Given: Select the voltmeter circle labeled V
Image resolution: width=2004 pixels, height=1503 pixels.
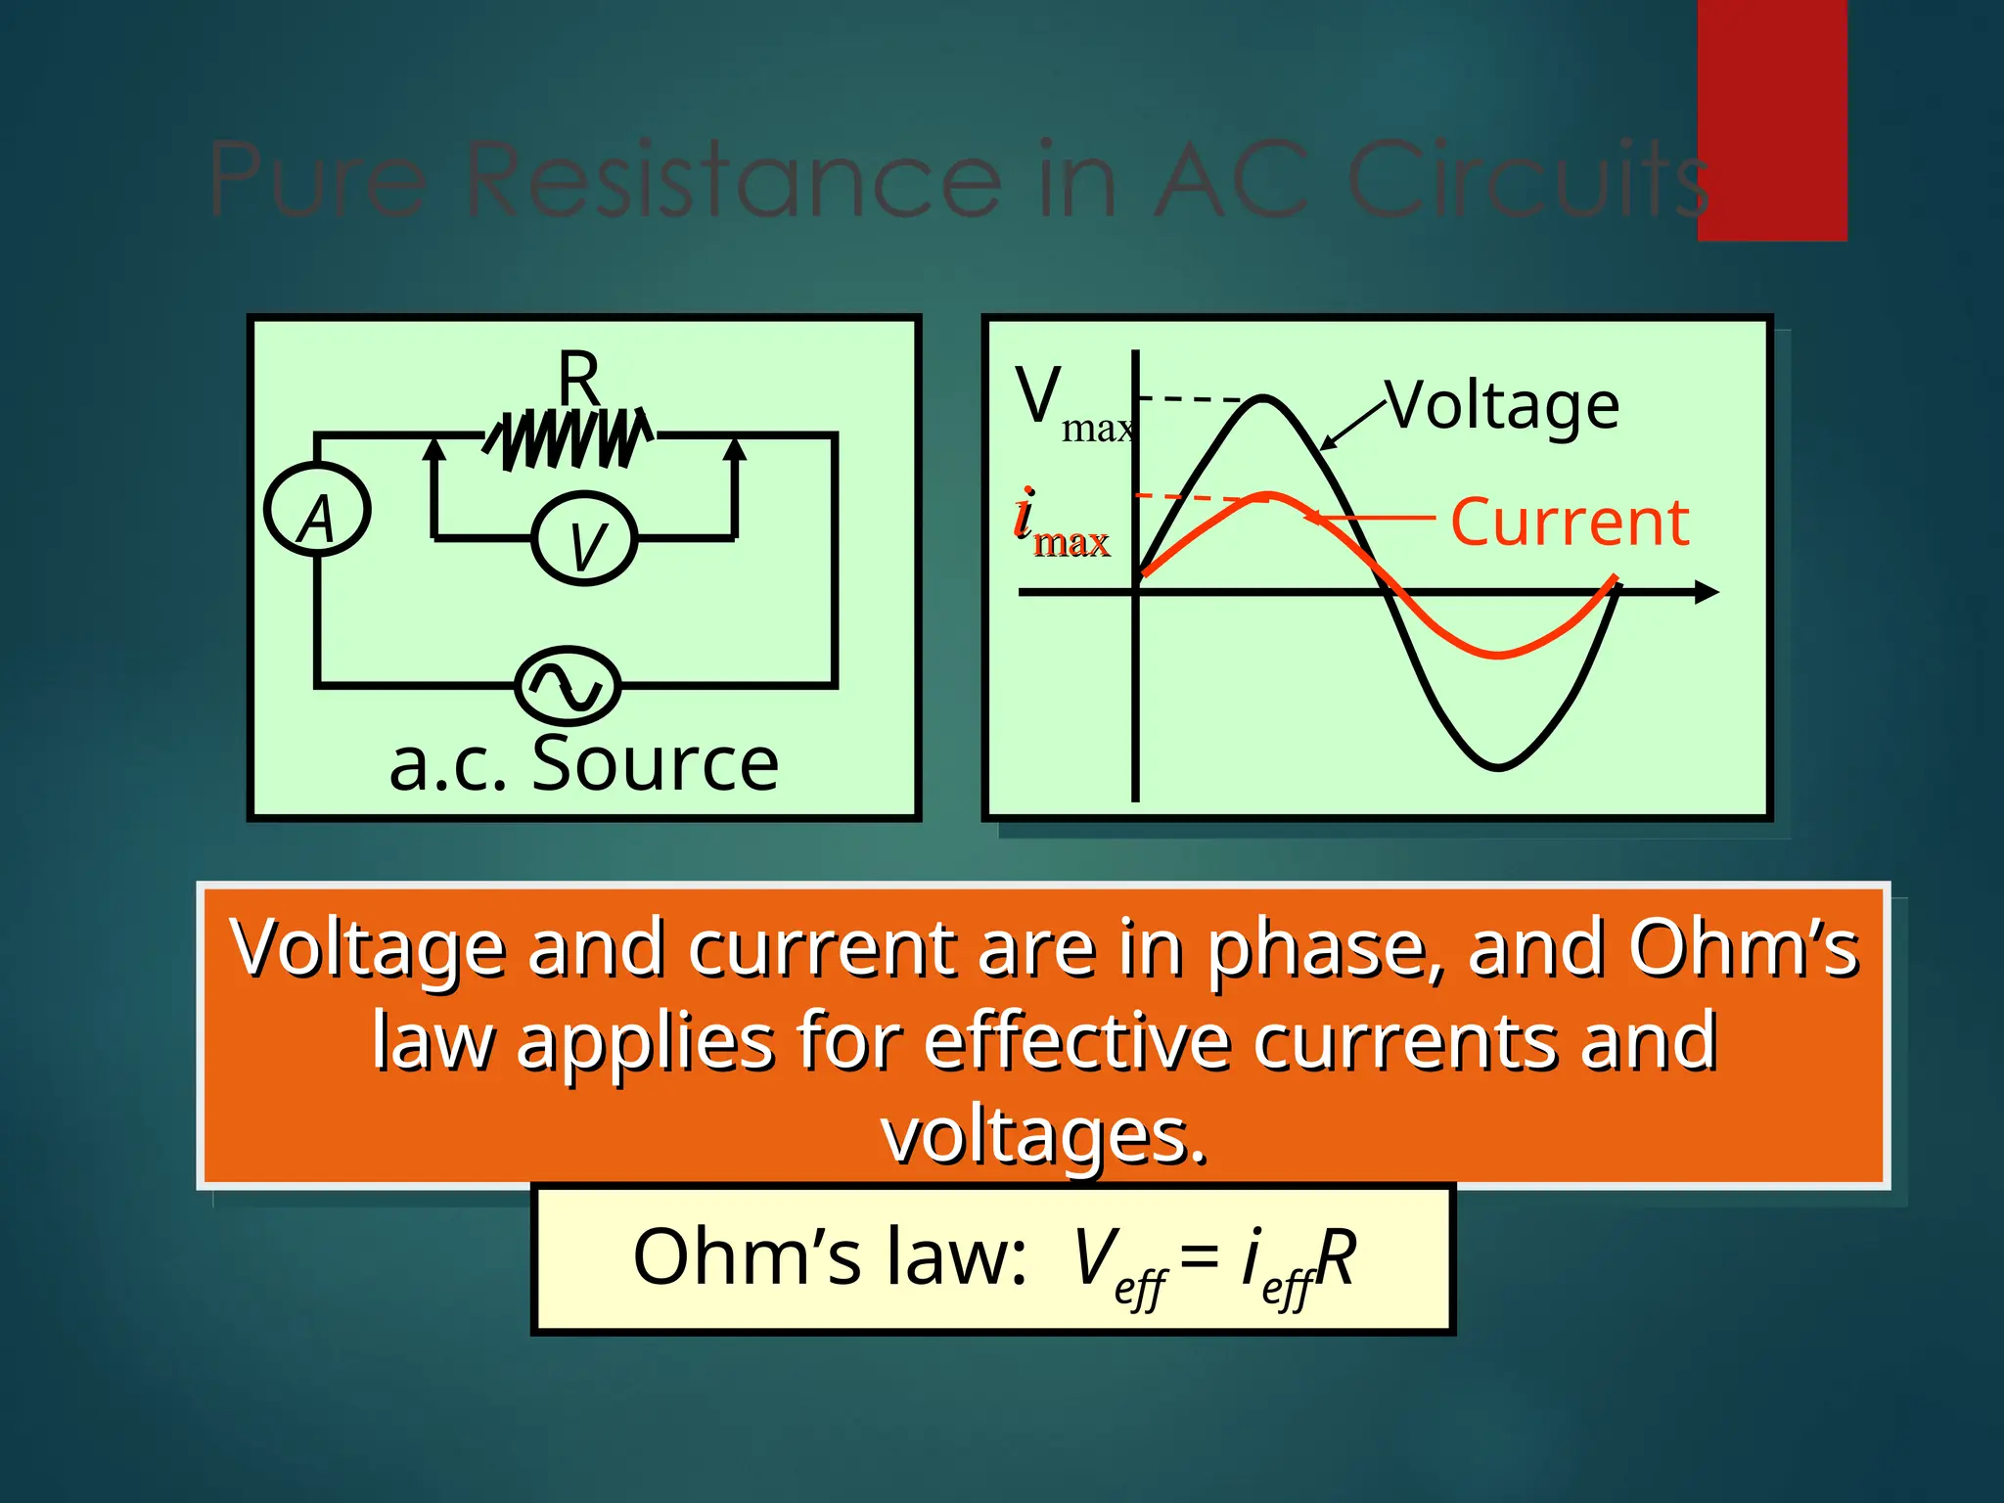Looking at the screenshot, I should pos(584,539).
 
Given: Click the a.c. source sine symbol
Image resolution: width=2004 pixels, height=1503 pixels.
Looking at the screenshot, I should pos(568,685).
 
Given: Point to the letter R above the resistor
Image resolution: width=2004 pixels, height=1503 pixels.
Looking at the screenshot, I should pos(578,377).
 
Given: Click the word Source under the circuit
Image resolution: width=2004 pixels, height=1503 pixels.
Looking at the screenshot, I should pos(655,763).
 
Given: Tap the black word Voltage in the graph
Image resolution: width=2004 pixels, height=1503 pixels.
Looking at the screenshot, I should pos(1504,405).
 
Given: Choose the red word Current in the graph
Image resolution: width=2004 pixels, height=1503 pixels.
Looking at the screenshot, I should pos(1569,522).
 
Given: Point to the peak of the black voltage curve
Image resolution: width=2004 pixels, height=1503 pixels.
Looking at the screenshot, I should pos(1264,398).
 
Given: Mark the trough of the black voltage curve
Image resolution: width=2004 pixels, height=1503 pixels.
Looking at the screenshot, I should pos(1497,766).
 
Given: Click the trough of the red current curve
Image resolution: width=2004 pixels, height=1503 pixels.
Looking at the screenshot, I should pos(1497,654).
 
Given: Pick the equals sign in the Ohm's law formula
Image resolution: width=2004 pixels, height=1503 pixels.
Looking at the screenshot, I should pos(1199,1255).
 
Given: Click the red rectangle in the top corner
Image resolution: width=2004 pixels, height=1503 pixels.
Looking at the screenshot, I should pos(1771,119).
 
